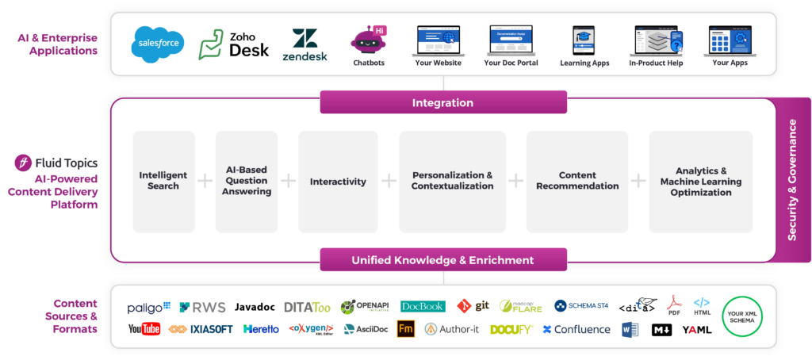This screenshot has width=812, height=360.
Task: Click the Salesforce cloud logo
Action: pos(158,44)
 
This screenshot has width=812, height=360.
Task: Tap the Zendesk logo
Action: pos(304,44)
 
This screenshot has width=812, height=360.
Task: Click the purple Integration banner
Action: pos(442,102)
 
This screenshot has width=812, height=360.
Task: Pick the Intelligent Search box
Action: pos(163,181)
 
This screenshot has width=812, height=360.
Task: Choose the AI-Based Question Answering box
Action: pos(247,181)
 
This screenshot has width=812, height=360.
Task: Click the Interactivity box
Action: pos(338,181)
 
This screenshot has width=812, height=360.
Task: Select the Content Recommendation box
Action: pos(577,181)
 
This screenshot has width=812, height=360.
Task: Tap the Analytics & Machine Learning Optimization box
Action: pos(700,181)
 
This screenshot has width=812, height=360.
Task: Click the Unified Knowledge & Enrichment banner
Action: pos(442,260)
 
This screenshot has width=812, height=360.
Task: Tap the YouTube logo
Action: pos(144,329)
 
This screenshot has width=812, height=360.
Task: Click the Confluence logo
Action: pos(576,329)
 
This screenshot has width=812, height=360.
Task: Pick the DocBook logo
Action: pos(423,306)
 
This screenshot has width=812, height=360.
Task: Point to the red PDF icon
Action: pos(674,304)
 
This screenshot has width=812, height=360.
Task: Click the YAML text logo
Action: pos(697,329)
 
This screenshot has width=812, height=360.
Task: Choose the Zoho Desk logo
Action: pos(234,44)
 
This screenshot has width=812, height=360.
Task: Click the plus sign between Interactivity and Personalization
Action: pos(389,181)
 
